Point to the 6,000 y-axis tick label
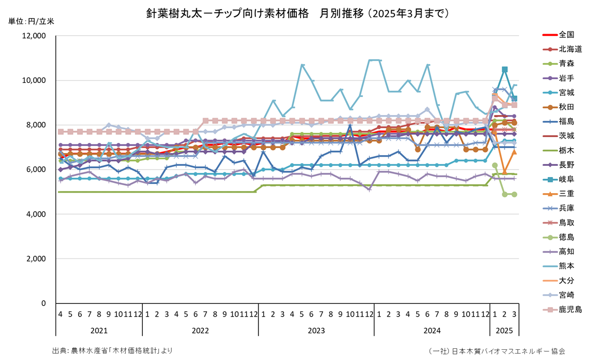point(37,170)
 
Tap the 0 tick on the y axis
point(43,303)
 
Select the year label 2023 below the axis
point(316,331)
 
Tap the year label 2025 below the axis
point(505,331)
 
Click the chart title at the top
point(297,13)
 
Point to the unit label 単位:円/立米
point(31,22)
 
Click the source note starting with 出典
point(112,350)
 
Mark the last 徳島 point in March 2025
point(514,194)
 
